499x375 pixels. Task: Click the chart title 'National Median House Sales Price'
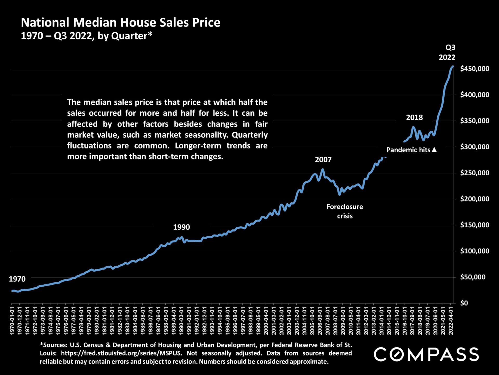121,23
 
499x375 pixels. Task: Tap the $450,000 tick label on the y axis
475,69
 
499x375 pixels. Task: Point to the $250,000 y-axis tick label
475,173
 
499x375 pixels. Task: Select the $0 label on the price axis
464,303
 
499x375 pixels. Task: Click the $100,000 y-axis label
475,251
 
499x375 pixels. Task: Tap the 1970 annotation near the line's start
17,279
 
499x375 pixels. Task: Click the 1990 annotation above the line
181,227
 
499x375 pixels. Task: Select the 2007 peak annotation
323,160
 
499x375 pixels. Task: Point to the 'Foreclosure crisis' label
345,211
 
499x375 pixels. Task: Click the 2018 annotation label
414,117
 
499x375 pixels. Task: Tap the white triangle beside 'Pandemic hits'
434,150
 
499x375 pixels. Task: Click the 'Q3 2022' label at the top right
447,52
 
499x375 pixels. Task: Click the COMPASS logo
426,354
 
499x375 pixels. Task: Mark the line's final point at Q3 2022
453,66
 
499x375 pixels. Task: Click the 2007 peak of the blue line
323,169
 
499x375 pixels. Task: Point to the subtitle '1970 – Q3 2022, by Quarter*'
86,36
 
